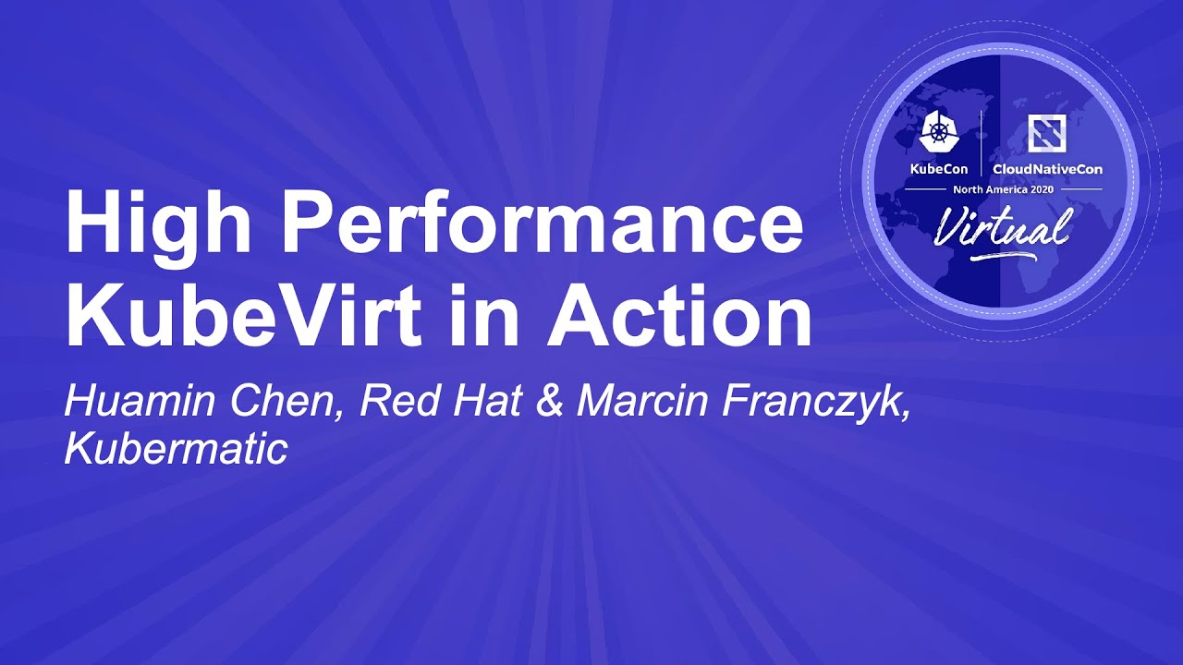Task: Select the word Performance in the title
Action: pos(542,225)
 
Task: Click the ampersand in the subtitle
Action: pos(549,403)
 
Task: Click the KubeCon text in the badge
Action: pos(939,169)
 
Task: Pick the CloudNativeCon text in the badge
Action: pos(1046,169)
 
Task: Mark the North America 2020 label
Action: pos(1002,188)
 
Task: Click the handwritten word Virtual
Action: pos(1002,224)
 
